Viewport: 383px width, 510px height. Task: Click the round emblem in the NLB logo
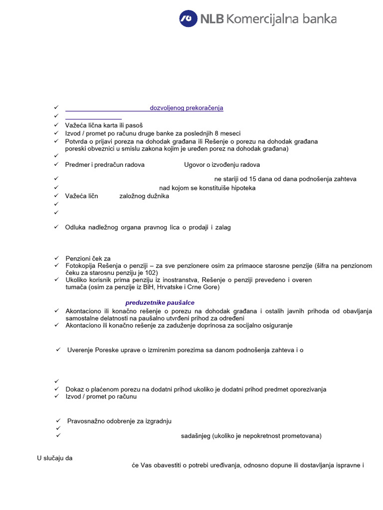(188, 19)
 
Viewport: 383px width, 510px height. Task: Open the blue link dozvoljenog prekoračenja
(187, 108)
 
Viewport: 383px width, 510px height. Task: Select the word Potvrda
(77, 141)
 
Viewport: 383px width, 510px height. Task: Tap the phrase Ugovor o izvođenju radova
(222, 165)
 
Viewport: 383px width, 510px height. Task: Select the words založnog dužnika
(144, 196)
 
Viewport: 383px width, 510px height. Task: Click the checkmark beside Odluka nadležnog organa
(56, 227)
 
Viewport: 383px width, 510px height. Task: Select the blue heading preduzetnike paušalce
(160, 303)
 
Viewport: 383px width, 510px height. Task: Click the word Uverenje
(82, 350)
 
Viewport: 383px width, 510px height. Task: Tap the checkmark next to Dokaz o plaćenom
(56, 389)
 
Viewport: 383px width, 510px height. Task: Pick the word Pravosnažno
(87, 421)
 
